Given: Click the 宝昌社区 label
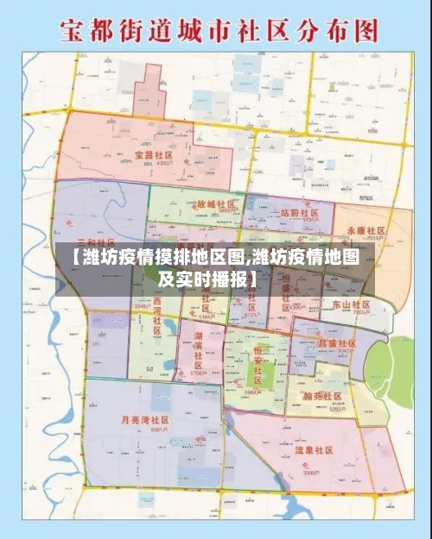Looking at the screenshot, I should pos(150,156).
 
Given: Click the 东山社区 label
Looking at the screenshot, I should pos(350,305).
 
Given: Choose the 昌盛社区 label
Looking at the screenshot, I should pos(336,343).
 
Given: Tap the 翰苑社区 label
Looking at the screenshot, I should pos(325,394).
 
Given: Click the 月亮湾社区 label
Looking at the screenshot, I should pos(145,419).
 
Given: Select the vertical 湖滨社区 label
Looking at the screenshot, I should pos(198,350).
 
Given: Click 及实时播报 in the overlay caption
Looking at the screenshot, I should pos(207,279).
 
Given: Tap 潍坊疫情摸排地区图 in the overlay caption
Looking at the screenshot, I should pos(161,257).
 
